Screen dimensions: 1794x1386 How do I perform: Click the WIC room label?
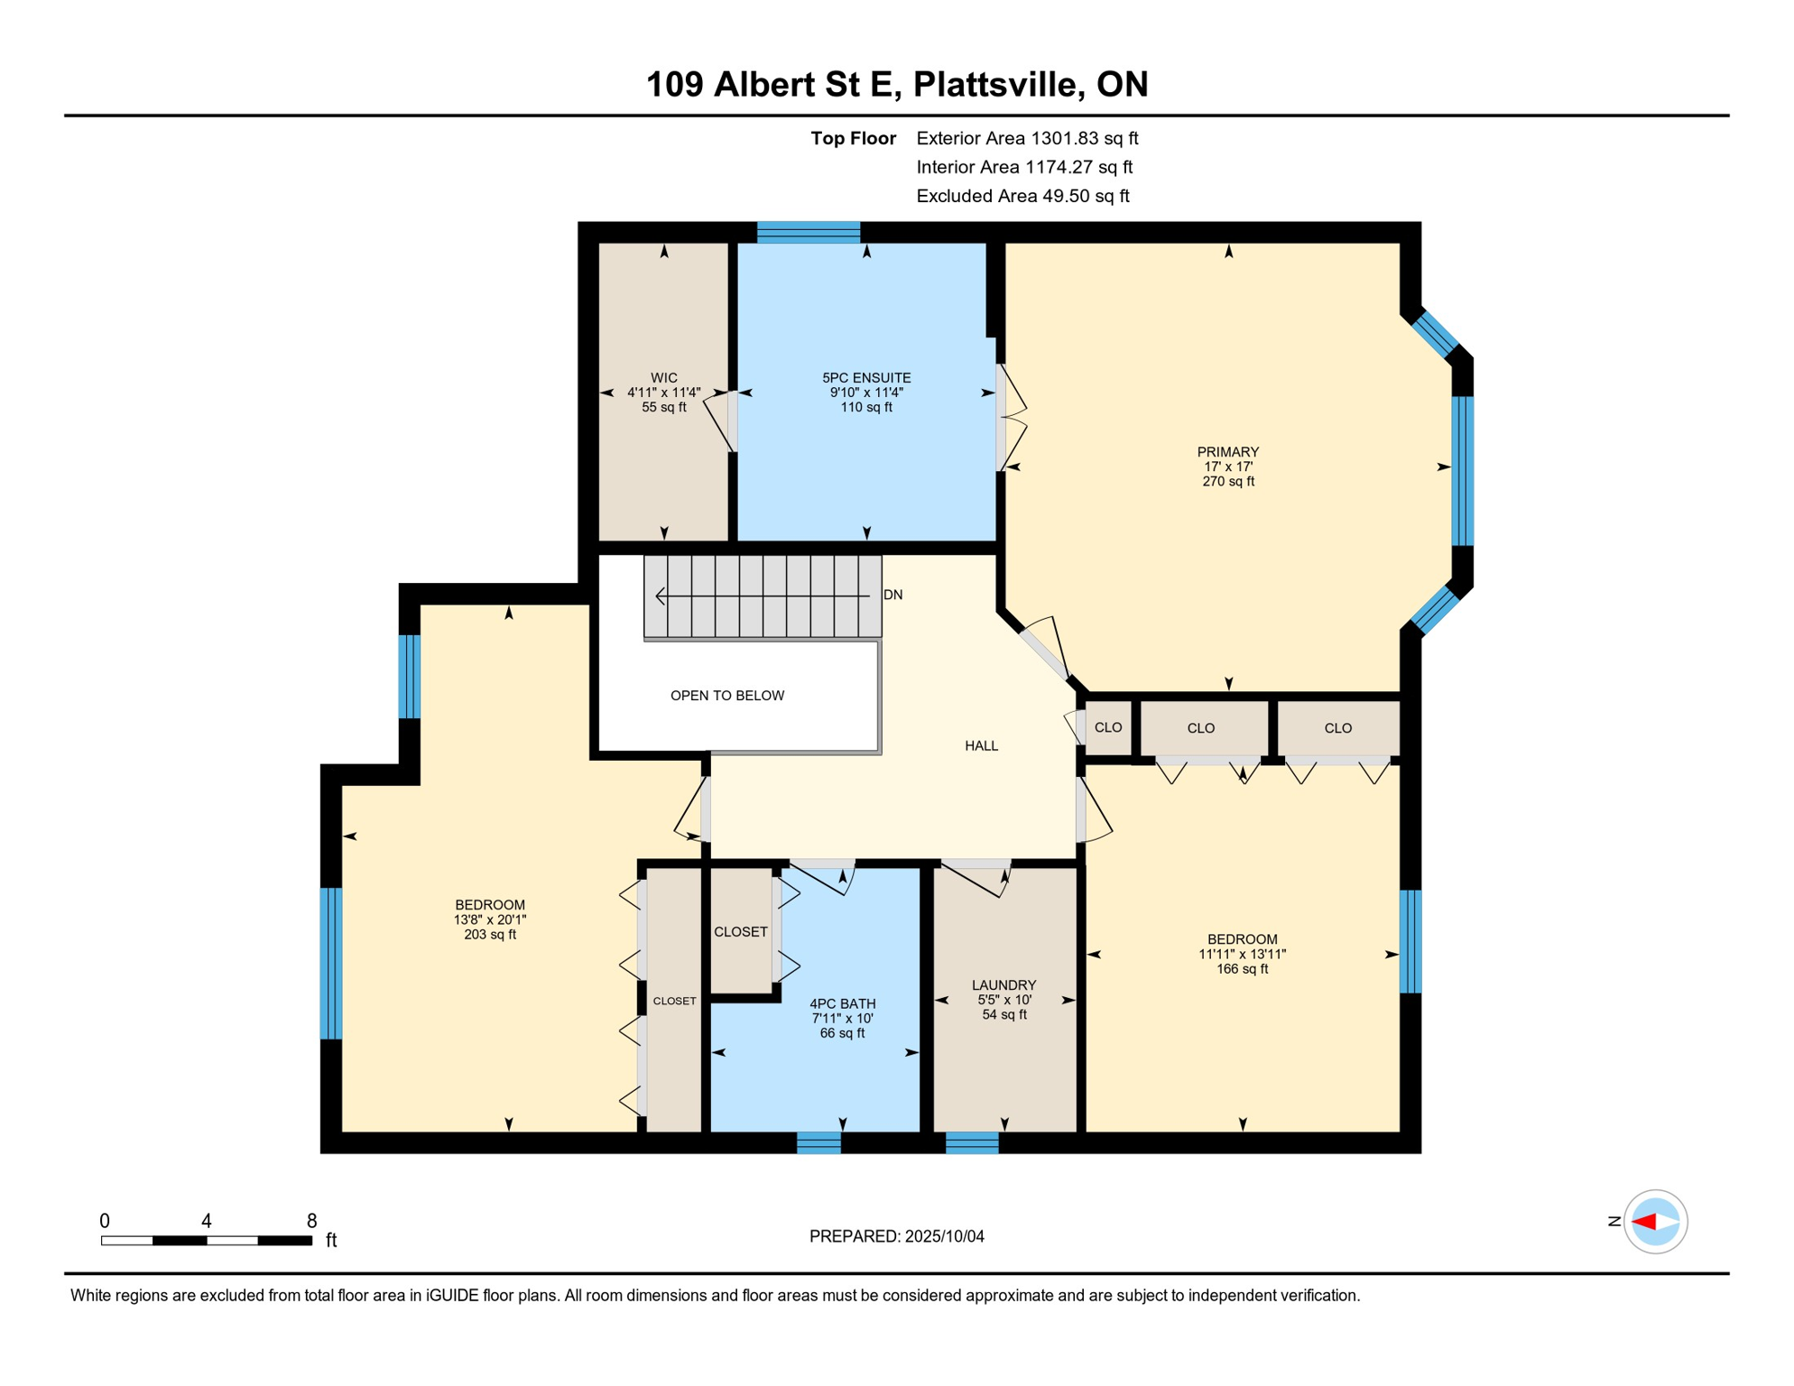pyautogui.click(x=664, y=378)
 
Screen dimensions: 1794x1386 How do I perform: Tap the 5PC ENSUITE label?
pyautogui.click(x=866, y=378)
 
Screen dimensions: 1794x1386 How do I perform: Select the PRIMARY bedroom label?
pyautogui.click(x=1227, y=452)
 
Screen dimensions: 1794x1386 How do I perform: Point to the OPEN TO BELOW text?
pyautogui.click(x=727, y=696)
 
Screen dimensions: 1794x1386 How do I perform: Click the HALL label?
pyautogui.click(x=982, y=746)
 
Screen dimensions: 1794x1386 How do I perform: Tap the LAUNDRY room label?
pyautogui.click(x=1003, y=985)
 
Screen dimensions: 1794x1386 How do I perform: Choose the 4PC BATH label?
pyautogui.click(x=842, y=1004)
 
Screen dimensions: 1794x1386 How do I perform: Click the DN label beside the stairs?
pyautogui.click(x=892, y=595)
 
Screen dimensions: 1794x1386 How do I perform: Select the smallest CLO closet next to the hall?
pyautogui.click(x=1108, y=727)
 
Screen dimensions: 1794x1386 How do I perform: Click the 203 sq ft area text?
pyautogui.click(x=490, y=935)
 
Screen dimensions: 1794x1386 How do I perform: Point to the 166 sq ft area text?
pyautogui.click(x=1242, y=969)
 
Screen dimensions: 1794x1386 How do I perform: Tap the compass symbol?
pyautogui.click(x=1655, y=1222)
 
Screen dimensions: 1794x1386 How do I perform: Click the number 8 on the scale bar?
pyautogui.click(x=311, y=1221)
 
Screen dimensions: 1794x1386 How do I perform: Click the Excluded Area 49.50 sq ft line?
pyautogui.click(x=1022, y=196)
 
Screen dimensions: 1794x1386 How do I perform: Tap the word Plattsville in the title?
pyautogui.click(x=998, y=84)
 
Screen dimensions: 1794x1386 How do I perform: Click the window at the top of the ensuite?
pyautogui.click(x=809, y=232)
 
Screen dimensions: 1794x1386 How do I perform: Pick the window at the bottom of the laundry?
pyautogui.click(x=972, y=1142)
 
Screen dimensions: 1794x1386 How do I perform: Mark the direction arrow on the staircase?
pyautogui.click(x=763, y=596)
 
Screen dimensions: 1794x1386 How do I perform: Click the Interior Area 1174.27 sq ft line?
pyautogui.click(x=1024, y=167)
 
